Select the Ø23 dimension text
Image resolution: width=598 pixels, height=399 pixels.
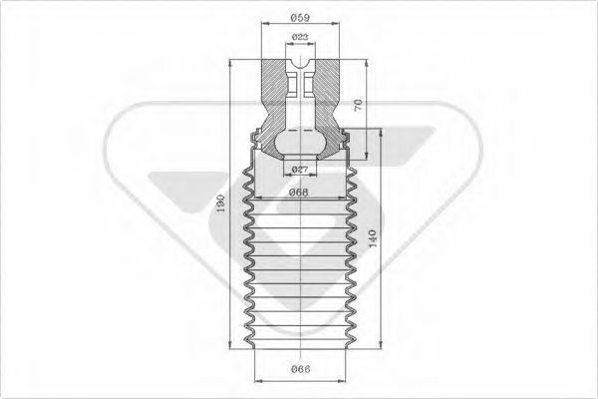coord(299,39)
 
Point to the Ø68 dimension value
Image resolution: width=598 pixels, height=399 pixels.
coord(299,192)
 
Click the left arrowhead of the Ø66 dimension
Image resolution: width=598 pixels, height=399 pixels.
coord(258,381)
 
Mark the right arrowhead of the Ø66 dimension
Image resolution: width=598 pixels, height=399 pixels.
coord(339,381)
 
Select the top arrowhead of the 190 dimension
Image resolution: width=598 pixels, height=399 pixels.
coord(231,62)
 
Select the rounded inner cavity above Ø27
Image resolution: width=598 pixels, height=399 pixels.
coord(299,140)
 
